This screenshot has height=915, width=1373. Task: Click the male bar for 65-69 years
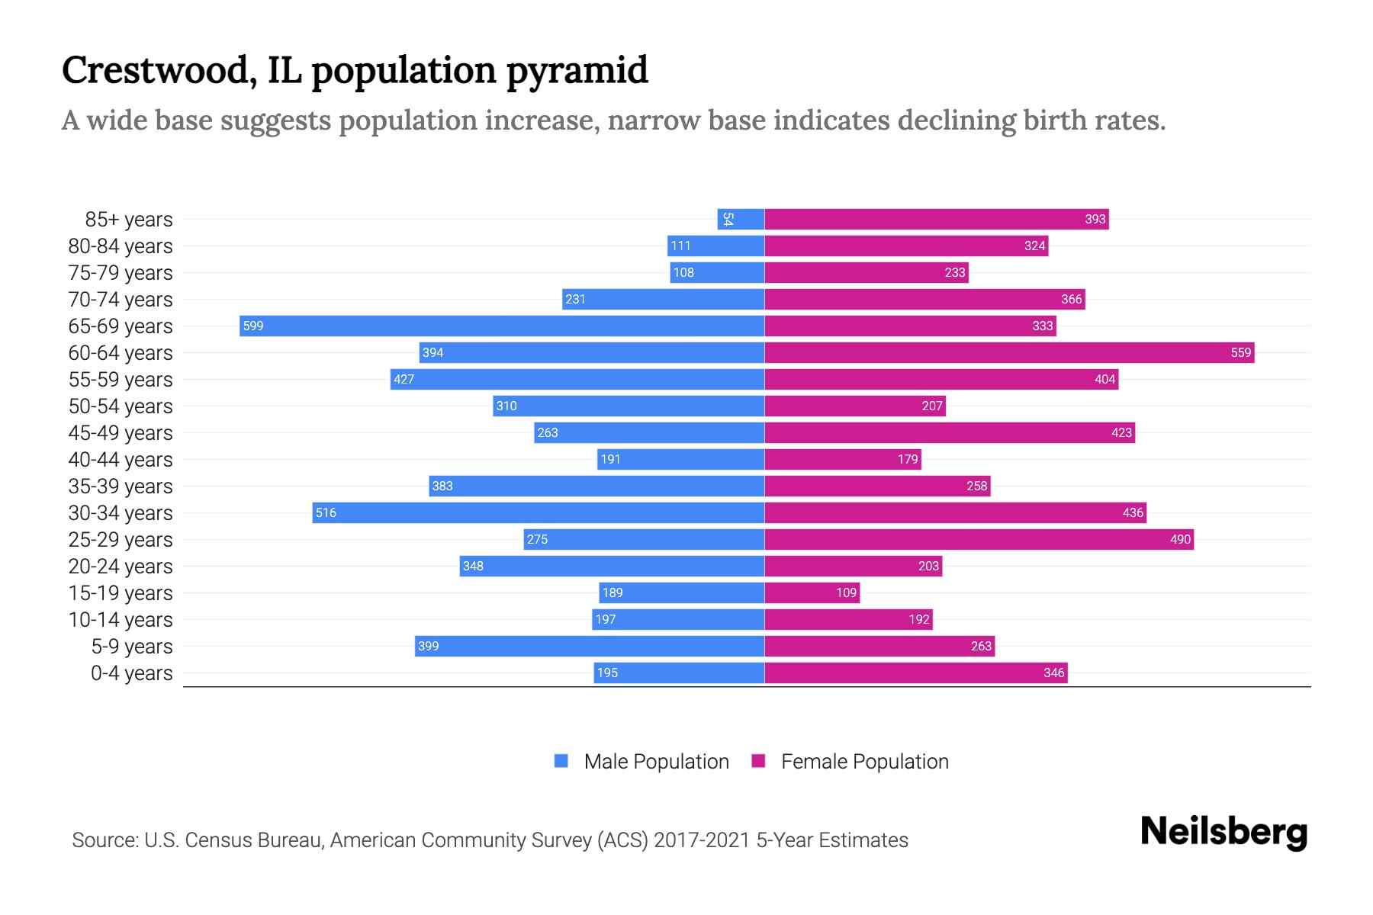[x=502, y=326]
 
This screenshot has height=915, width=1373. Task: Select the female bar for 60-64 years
[x=1008, y=352]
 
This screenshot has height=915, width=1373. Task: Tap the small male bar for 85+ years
[x=741, y=219]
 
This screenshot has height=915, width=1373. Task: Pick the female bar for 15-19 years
[x=812, y=592]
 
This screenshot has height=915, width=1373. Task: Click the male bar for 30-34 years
[x=539, y=512]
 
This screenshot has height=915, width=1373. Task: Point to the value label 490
[x=1180, y=539]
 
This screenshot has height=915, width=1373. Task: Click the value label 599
[x=253, y=326]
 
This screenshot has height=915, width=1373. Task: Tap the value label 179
[x=908, y=459]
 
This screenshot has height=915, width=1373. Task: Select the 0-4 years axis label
[x=131, y=673]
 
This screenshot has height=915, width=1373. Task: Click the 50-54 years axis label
[x=121, y=406]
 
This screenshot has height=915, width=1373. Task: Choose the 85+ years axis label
[x=129, y=220]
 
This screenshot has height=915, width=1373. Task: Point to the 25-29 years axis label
[x=121, y=540]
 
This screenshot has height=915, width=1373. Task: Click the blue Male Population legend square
[x=561, y=761]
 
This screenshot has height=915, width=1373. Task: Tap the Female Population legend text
[x=864, y=762]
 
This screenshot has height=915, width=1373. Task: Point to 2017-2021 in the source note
[x=702, y=840]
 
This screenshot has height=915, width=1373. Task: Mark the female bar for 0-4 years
[x=915, y=673]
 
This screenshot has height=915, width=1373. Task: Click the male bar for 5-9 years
[x=590, y=646]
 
